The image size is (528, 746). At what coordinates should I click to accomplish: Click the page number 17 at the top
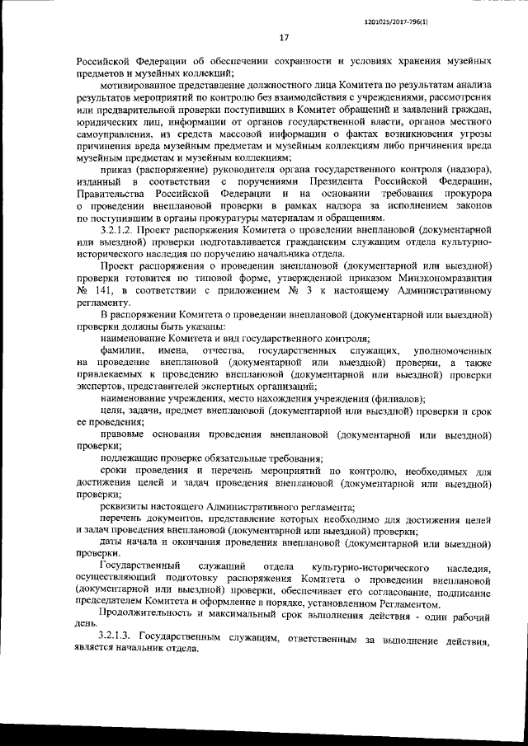283,37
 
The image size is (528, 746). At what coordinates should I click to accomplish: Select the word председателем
111,603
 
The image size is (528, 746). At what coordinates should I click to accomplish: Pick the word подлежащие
128,458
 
